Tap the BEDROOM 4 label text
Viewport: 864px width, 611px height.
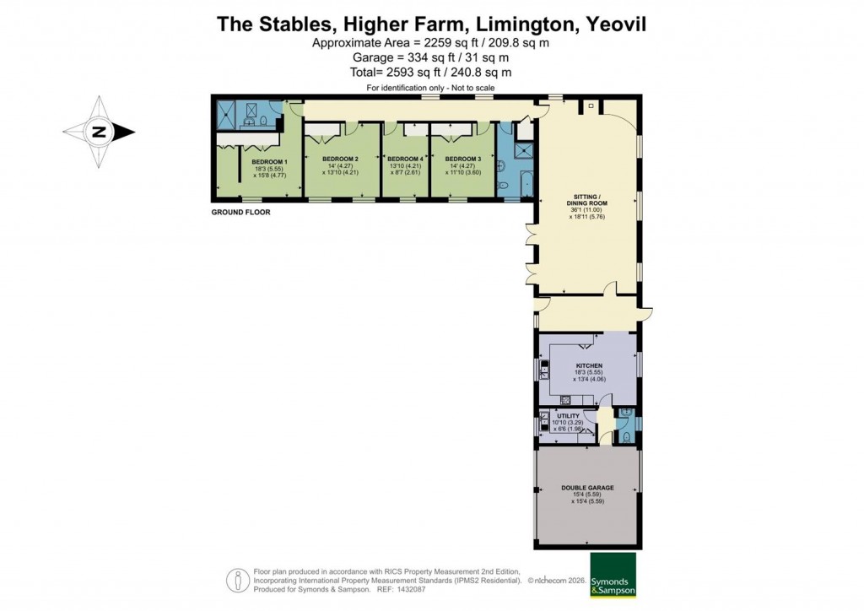point(405,159)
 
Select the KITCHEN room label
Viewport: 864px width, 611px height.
point(589,365)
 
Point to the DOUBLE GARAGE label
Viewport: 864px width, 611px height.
point(587,488)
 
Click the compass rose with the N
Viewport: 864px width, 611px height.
point(100,132)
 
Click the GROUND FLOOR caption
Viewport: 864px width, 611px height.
point(240,213)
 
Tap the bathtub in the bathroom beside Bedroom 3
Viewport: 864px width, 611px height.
point(526,183)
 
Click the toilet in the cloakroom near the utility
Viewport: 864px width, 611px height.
point(624,436)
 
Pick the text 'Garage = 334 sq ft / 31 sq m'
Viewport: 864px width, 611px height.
point(430,57)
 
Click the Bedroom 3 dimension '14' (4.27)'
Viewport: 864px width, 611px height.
point(463,166)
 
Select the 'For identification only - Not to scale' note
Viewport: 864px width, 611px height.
point(430,88)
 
